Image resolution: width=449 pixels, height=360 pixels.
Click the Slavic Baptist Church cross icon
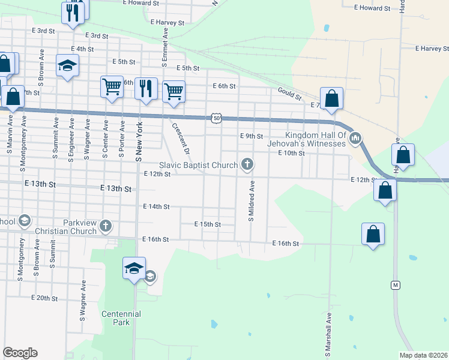click(x=246, y=164)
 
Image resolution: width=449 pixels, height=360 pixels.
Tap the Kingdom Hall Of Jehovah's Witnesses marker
click(x=355, y=139)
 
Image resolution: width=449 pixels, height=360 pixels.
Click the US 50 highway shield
click(x=216, y=118)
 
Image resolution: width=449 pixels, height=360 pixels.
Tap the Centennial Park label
click(x=121, y=317)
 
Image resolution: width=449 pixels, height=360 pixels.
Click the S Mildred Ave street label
click(x=252, y=200)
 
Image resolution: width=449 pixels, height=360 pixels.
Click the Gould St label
click(x=290, y=91)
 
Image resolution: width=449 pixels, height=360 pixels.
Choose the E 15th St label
click(x=208, y=224)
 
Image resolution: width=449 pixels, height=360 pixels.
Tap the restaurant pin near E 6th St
click(x=146, y=89)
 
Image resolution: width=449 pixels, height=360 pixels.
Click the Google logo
click(x=20, y=353)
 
